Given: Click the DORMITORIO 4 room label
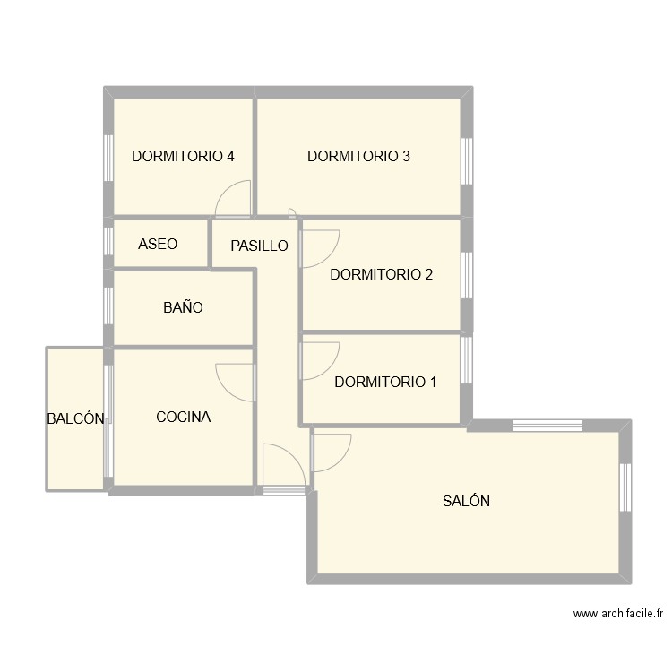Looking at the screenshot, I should click(183, 156).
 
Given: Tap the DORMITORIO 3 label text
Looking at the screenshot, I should click(358, 156).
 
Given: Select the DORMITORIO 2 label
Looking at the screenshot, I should click(381, 275).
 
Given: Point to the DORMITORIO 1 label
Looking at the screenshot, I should click(385, 383).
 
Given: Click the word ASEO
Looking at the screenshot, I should click(158, 244).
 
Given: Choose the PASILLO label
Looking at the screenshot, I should click(259, 246).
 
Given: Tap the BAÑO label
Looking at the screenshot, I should click(183, 307).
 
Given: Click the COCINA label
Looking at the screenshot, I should click(183, 417).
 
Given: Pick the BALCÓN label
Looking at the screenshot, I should click(76, 418).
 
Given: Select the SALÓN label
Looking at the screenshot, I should click(466, 502).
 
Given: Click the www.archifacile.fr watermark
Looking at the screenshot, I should click(618, 615).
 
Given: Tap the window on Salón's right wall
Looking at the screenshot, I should click(625, 487).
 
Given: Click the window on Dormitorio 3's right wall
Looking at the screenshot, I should click(466, 161).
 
